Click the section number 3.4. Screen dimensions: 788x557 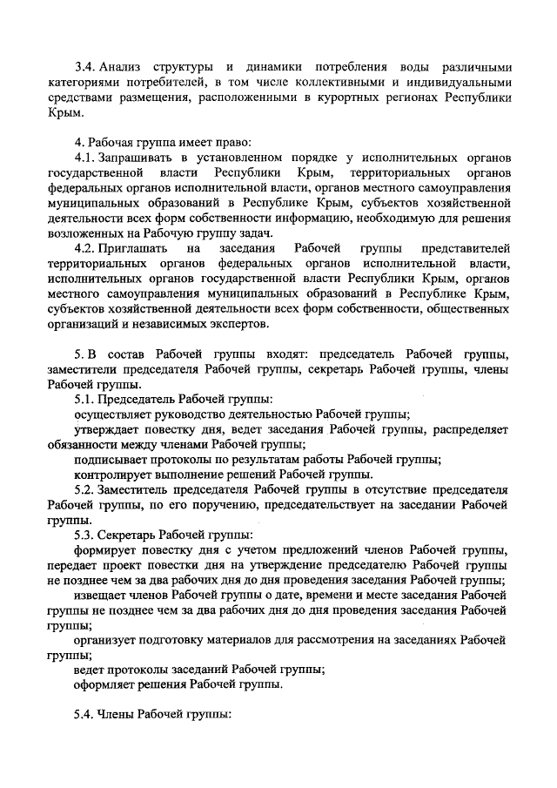pos(84,68)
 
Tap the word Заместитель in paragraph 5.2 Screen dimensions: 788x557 pos(136,491)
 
